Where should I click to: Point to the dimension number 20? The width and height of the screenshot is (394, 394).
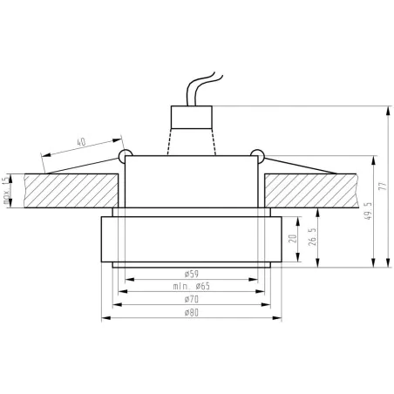(293, 241)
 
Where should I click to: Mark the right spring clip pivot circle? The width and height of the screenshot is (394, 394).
(256, 157)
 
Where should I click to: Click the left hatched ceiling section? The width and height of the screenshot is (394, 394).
(70, 192)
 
